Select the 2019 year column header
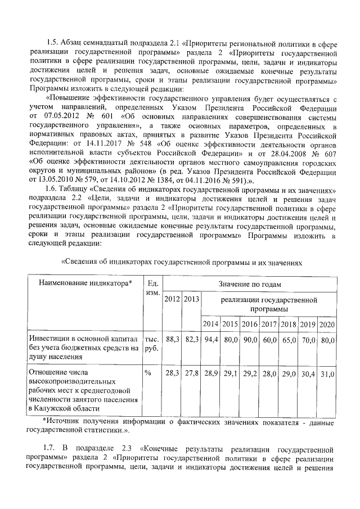(x=307, y=324)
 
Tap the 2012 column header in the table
(x=172, y=298)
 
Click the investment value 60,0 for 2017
(x=269, y=340)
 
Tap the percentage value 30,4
(x=307, y=373)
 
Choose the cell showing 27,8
(x=192, y=373)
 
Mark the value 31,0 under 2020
(x=327, y=373)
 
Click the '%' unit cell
(x=148, y=373)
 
